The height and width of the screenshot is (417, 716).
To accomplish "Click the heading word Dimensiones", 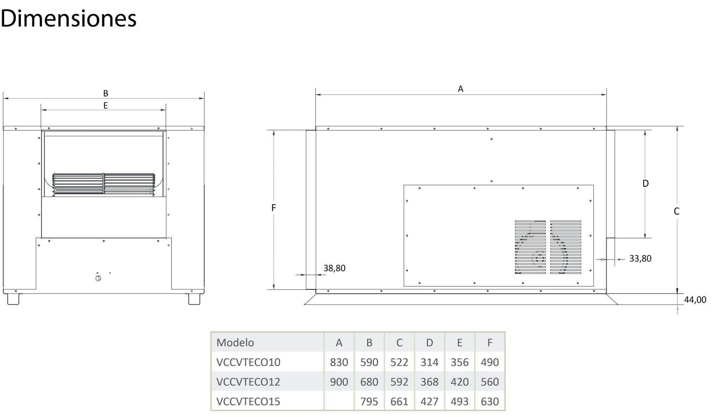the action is tap(68, 18).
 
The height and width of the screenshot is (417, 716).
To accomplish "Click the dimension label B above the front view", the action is tap(106, 93).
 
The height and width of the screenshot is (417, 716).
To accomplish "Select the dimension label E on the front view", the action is tap(106, 106).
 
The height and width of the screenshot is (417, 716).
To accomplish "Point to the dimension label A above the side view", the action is tap(461, 89).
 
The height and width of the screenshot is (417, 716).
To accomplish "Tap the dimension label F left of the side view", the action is tap(274, 208).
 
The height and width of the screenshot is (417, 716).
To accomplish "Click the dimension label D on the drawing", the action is tap(646, 183).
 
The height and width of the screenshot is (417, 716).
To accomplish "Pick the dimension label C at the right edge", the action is tap(677, 211).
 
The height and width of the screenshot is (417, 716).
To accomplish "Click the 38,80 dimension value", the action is tap(334, 268).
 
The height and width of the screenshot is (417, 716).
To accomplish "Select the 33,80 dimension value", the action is tap(640, 258).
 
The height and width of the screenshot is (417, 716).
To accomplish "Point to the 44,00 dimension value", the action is tap(695, 300).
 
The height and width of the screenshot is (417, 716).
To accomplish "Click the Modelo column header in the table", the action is tap(235, 343).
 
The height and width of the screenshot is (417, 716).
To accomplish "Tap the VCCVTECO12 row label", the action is tap(248, 382).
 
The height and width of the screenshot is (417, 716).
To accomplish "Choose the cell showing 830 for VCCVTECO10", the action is tap(339, 362).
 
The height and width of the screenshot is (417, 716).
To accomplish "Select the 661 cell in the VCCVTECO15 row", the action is tap(399, 401).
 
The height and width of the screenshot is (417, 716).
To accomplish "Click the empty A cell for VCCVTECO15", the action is tap(339, 401).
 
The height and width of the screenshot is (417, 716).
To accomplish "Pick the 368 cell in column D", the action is tap(429, 382).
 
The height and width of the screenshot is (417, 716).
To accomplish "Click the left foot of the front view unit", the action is tap(13, 299).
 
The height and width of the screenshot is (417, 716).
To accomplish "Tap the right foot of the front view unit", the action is tap(194, 299).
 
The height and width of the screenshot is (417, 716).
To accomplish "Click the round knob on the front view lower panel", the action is tap(98, 279).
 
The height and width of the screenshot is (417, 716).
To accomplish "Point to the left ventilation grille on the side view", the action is tap(530, 247).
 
